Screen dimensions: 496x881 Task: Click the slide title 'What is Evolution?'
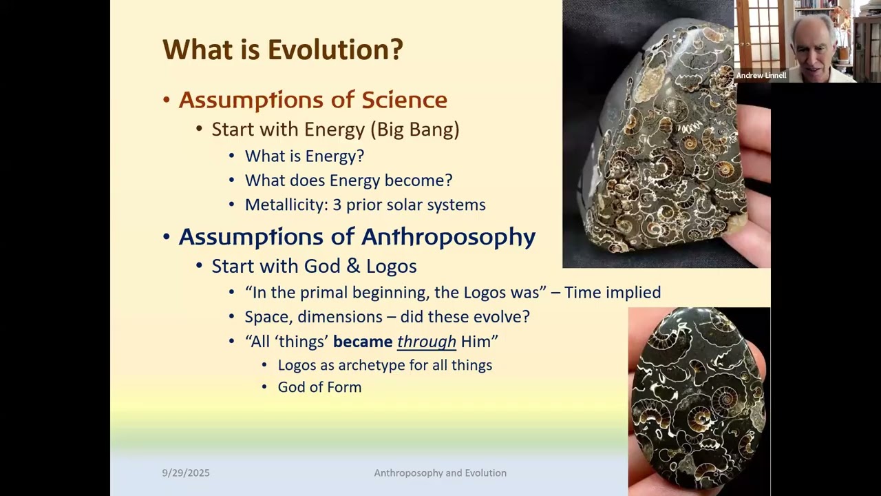point(282,50)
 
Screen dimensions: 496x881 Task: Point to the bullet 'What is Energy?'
point(304,156)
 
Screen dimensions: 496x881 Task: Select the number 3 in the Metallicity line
point(337,205)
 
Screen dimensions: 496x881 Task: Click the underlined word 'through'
point(426,342)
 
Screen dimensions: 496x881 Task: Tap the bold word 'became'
point(362,342)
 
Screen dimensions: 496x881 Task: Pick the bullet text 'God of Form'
point(319,387)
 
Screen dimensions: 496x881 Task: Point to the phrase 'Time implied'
point(613,293)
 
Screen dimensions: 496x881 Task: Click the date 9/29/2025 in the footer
point(186,473)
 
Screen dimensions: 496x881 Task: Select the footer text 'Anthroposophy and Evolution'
point(440,473)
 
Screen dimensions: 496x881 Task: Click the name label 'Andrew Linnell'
point(761,76)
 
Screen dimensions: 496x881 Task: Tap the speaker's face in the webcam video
point(811,41)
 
